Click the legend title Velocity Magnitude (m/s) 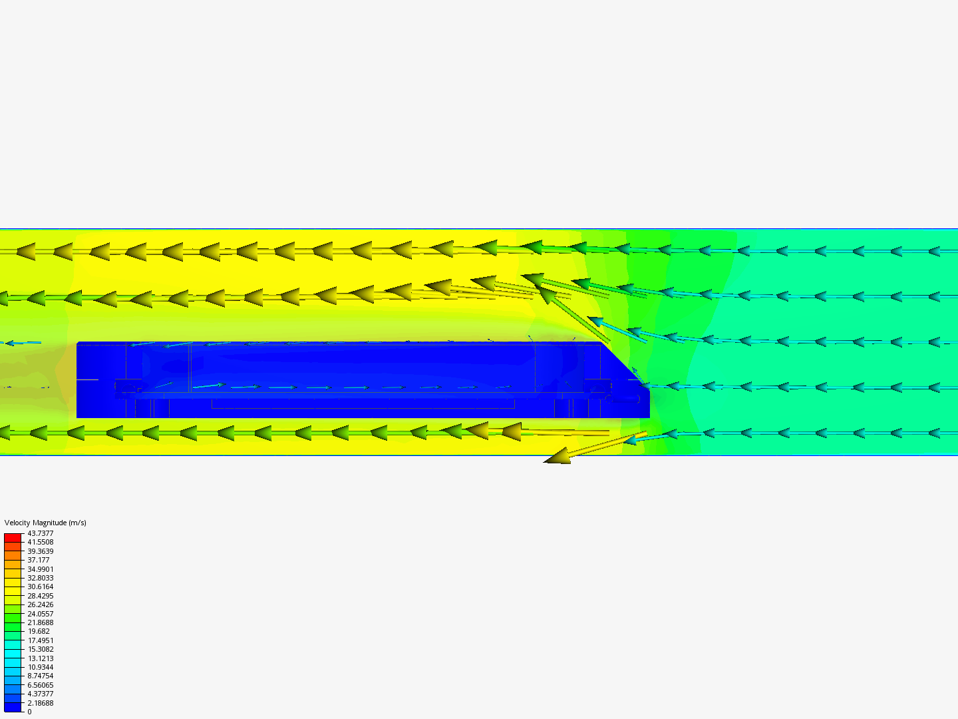[x=45, y=523]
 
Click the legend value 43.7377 [x=40, y=533]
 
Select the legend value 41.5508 [x=40, y=542]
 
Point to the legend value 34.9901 [x=40, y=569]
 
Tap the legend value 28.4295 [x=40, y=595]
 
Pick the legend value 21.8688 [x=40, y=622]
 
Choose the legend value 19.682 [x=39, y=631]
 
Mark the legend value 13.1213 [x=40, y=658]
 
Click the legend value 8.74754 [x=40, y=676]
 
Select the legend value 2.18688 [x=40, y=703]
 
